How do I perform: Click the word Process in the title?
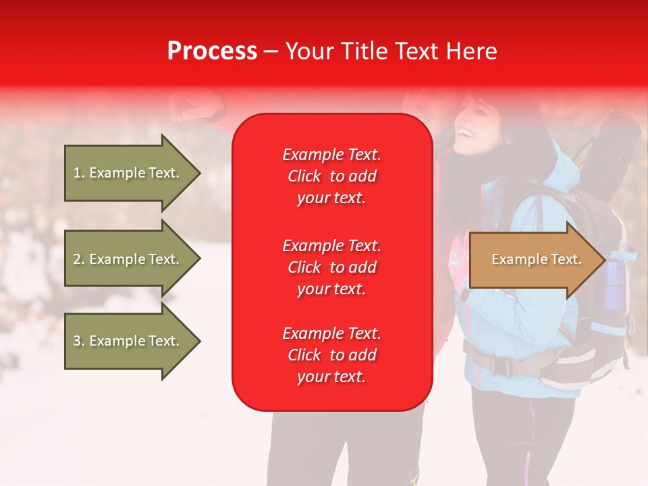(x=212, y=51)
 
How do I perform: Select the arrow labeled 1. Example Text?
(x=133, y=173)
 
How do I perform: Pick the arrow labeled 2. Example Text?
(x=133, y=259)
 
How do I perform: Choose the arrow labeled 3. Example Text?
(x=133, y=341)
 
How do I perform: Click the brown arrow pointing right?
(x=538, y=259)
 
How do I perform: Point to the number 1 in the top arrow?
(x=77, y=173)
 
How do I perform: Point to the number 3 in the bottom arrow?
(x=77, y=341)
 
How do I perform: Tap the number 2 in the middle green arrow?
(x=77, y=259)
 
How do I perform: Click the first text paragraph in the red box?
(x=332, y=176)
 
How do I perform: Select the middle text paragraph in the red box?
(x=332, y=267)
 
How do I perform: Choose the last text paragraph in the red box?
(x=332, y=355)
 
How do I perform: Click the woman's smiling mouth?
(x=466, y=133)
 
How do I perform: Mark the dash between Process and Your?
(x=271, y=52)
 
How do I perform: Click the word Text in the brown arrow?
(x=566, y=259)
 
